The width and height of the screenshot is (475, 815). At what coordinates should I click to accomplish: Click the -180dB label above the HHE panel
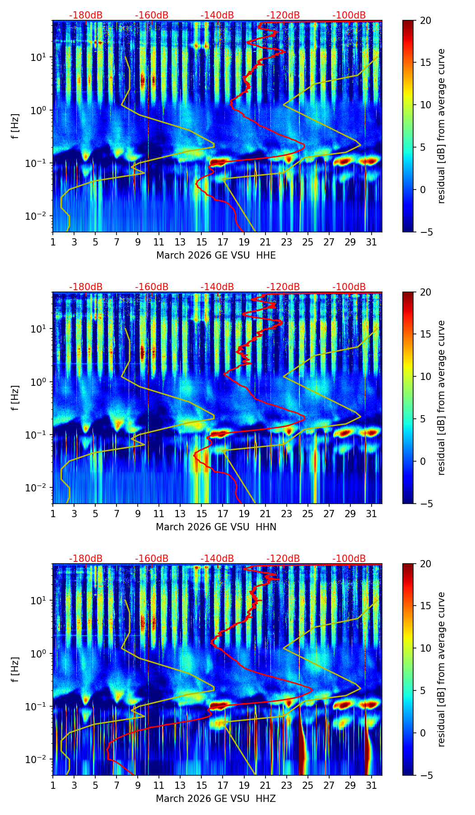[86, 15]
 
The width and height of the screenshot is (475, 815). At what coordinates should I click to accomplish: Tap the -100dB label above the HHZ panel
[349, 559]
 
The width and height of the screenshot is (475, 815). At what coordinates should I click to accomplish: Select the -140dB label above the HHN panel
[217, 287]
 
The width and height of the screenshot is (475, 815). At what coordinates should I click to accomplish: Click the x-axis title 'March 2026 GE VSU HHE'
[216, 255]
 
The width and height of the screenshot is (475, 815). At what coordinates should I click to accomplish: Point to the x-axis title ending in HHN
[216, 527]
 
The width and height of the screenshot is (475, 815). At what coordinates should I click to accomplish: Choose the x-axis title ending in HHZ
[216, 799]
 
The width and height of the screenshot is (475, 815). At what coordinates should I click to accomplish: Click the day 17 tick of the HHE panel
[223, 242]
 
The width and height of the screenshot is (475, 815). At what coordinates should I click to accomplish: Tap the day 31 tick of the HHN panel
[371, 514]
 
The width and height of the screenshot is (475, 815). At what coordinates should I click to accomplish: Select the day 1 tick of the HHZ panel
[53, 785]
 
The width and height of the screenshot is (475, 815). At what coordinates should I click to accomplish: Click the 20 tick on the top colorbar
[425, 21]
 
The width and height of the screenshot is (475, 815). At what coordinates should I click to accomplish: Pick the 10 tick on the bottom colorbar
[425, 648]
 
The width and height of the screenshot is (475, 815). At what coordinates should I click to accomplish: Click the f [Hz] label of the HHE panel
[15, 126]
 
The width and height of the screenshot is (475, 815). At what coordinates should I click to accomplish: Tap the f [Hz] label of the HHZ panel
[15, 670]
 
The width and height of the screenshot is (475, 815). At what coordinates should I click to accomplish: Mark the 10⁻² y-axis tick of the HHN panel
[39, 488]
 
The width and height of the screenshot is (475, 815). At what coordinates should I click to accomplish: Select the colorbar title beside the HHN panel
[441, 398]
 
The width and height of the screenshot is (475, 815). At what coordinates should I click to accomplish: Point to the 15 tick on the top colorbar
[425, 63]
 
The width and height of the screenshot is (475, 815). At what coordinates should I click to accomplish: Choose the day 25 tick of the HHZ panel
[307, 785]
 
